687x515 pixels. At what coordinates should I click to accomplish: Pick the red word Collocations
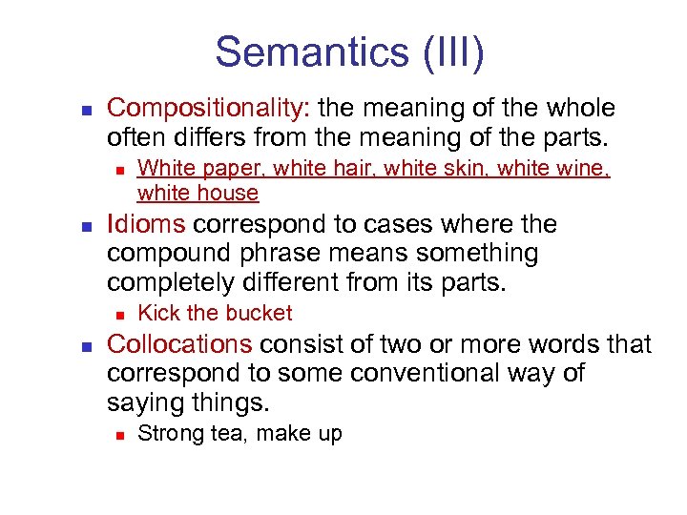tap(180, 344)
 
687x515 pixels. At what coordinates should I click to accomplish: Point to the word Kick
tap(157, 313)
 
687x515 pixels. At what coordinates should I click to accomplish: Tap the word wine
tap(583, 169)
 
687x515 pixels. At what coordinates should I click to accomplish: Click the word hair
tap(327, 169)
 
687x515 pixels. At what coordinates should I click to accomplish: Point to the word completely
tap(177, 284)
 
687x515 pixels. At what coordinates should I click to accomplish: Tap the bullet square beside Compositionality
tap(86, 110)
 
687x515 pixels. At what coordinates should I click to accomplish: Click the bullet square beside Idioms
tap(86, 227)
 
